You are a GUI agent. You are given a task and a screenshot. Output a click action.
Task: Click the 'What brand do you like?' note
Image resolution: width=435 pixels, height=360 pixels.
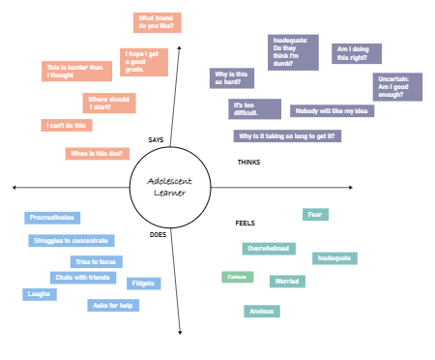(157, 22)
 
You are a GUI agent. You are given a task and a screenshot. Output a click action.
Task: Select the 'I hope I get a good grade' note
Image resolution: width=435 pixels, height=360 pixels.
(145, 62)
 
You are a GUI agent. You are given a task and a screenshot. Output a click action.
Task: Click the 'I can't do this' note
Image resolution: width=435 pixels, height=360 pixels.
(65, 125)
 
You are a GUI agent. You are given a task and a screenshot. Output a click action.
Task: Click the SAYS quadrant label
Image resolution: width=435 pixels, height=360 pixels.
(156, 139)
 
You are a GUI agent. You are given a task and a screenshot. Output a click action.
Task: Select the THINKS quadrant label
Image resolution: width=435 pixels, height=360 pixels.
(248, 162)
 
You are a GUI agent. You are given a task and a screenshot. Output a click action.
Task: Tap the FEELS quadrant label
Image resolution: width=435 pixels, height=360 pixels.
(246, 223)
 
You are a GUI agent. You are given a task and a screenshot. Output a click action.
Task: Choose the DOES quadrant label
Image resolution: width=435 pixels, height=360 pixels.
(158, 234)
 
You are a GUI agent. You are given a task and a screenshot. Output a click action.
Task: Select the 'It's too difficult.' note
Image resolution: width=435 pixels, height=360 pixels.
(253, 108)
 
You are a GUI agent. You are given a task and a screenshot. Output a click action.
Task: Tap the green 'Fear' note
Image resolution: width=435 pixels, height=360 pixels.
(314, 214)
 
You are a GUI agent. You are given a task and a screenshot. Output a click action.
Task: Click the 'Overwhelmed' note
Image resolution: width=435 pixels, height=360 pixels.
(269, 249)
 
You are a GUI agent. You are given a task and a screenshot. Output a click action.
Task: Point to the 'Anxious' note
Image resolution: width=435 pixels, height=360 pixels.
(261, 312)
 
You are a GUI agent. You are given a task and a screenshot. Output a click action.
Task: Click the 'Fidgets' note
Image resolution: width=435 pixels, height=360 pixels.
(143, 284)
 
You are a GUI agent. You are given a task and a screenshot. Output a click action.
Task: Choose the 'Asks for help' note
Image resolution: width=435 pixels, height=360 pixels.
(112, 305)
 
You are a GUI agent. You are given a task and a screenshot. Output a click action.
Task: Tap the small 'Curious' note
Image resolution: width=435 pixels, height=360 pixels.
(236, 278)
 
